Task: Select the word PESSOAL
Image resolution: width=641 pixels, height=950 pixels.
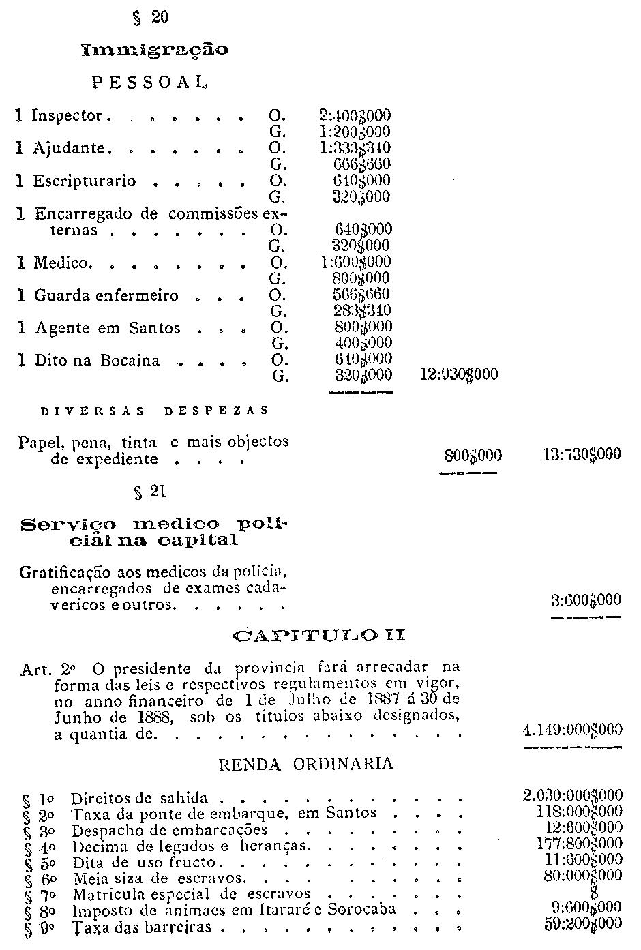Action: coord(149,83)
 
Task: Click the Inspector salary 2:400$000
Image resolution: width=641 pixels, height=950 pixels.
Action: coord(355,115)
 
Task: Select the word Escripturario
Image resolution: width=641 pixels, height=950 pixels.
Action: coord(85,181)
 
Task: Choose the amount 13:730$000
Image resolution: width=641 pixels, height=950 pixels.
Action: coord(582,454)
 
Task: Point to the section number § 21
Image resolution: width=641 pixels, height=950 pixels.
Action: coord(151,491)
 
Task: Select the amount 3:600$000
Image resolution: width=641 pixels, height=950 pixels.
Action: coord(586,600)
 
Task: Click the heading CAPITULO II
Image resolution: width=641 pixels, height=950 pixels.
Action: coord(319,636)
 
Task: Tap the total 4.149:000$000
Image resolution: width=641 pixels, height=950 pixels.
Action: coord(572,730)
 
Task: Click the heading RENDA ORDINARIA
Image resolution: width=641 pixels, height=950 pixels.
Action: coord(305,764)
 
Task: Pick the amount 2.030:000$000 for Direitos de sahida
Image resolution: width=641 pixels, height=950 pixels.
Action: coord(572,796)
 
